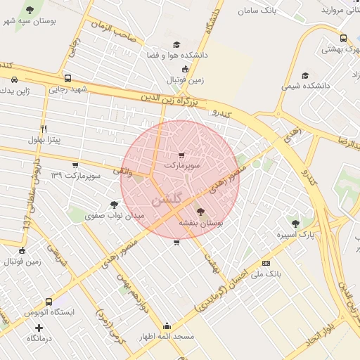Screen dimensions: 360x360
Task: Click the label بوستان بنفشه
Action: click(x=200, y=222)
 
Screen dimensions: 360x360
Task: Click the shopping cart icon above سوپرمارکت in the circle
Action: click(x=182, y=155)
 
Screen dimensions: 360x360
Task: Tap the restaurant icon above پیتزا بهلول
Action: click(x=44, y=129)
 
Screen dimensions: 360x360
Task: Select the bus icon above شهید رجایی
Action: click(x=67, y=78)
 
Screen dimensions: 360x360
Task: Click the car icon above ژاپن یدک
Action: click(x=15, y=79)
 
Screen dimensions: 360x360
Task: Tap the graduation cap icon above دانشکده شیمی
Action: click(x=305, y=75)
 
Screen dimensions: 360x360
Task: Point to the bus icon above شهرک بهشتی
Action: click(x=343, y=39)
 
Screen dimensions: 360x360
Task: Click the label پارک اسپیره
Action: click(x=295, y=234)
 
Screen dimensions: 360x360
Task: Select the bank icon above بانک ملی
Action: click(x=266, y=262)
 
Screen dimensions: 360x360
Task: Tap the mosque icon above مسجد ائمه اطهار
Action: click(x=167, y=326)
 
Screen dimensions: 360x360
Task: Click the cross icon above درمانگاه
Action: click(x=39, y=328)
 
